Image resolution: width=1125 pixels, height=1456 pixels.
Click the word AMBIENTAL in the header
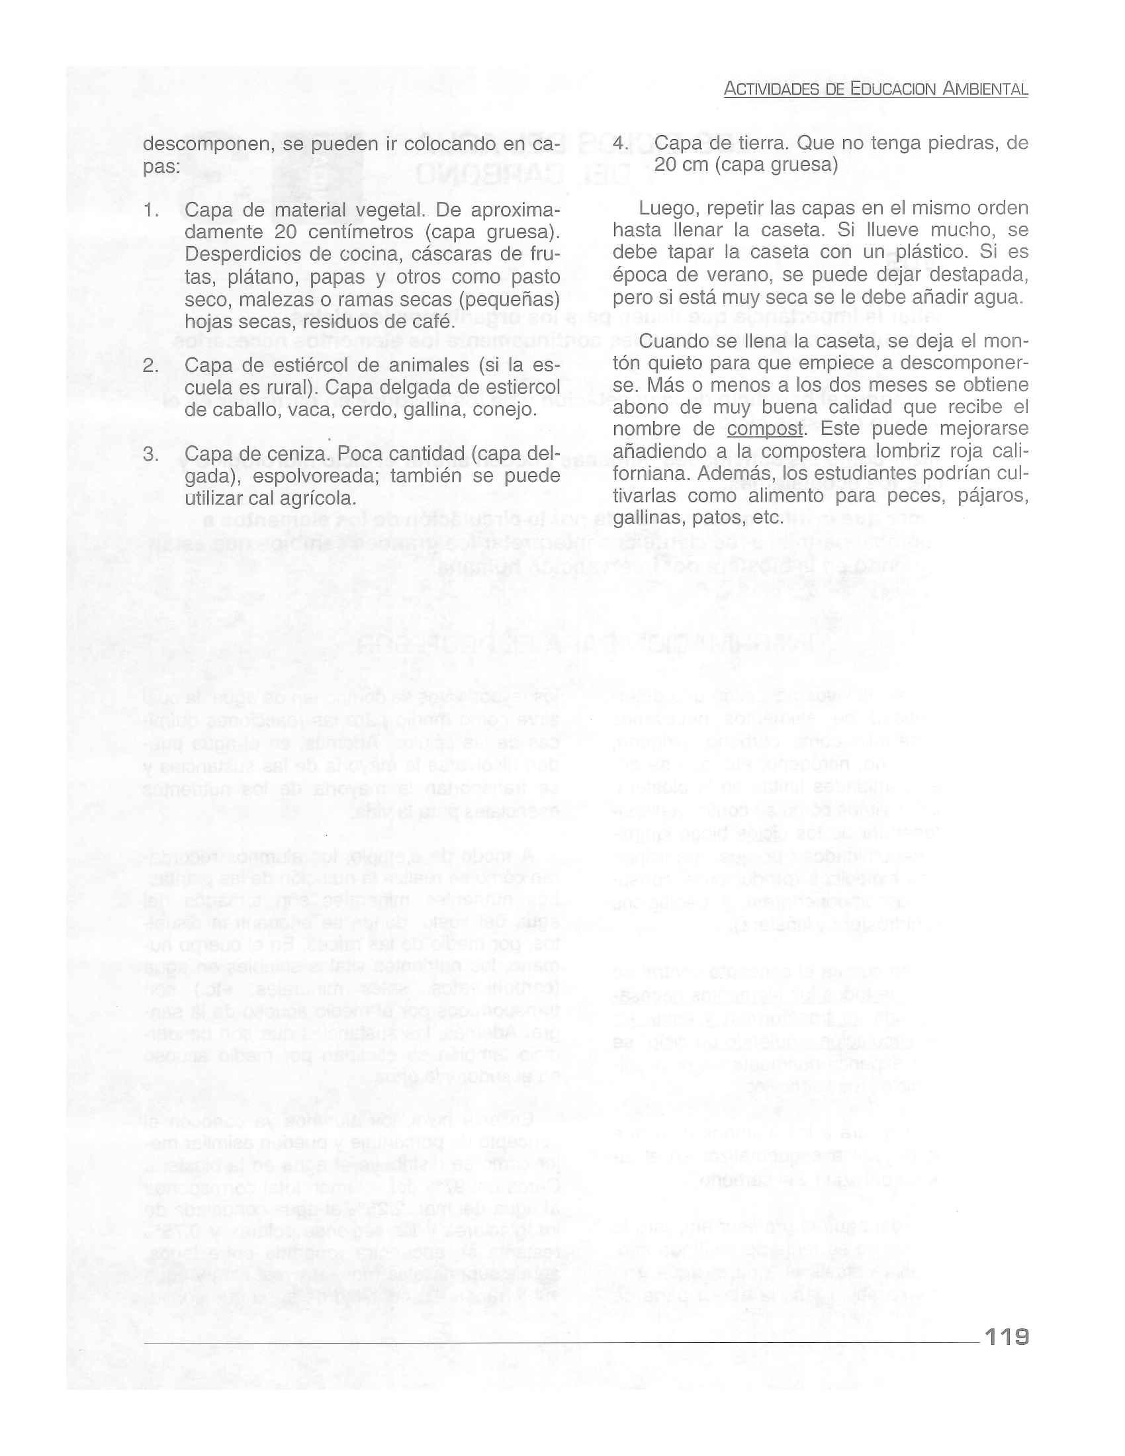(x=985, y=89)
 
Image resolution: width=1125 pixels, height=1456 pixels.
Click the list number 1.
(x=152, y=211)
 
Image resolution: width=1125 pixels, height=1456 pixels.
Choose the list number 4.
(x=621, y=144)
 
